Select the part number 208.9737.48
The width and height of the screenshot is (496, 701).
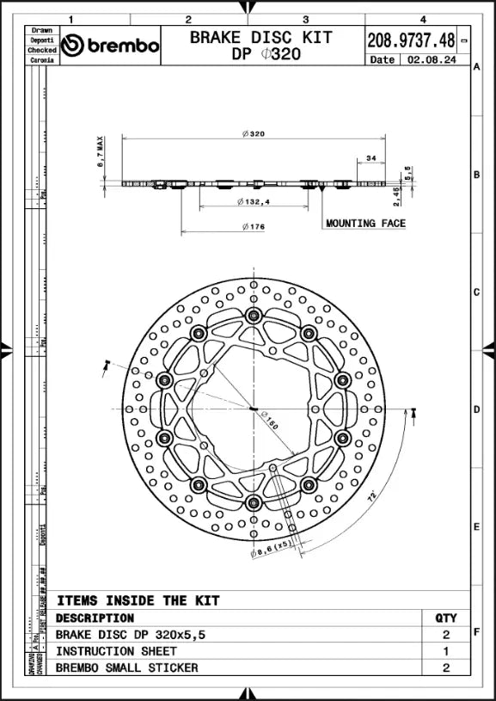pyautogui.click(x=411, y=40)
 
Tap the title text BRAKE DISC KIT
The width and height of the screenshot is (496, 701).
pyautogui.click(x=260, y=37)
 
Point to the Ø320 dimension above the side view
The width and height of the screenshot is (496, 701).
pyautogui.click(x=254, y=133)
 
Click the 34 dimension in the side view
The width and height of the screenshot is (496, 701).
pyautogui.click(x=371, y=158)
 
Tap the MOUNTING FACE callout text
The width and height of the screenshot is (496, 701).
pyautogui.click(x=365, y=224)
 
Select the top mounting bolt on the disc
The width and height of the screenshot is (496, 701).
pyautogui.click(x=253, y=317)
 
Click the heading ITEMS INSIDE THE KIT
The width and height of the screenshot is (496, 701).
pyautogui.click(x=138, y=600)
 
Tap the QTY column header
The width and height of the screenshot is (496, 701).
pyautogui.click(x=446, y=618)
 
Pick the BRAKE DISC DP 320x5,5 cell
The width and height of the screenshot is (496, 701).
pyautogui.click(x=131, y=635)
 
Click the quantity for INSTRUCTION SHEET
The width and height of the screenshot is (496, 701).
pyautogui.click(x=446, y=651)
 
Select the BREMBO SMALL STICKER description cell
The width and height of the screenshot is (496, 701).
pyautogui.click(x=126, y=667)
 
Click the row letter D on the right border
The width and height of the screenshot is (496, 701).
pyautogui.click(x=476, y=409)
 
